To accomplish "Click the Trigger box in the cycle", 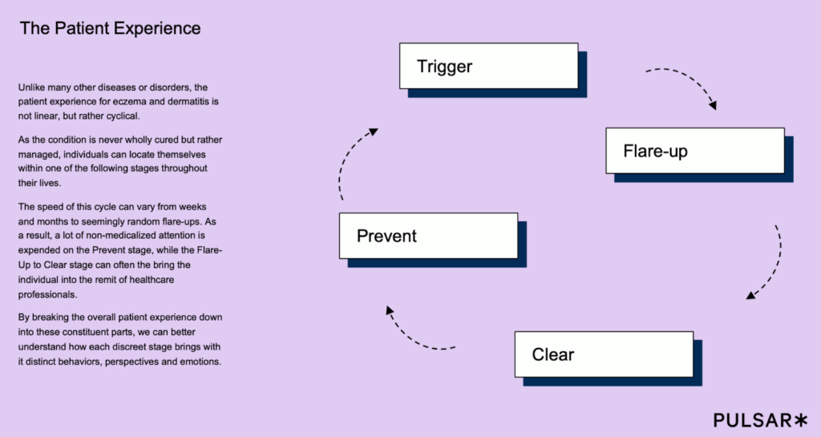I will (x=488, y=66).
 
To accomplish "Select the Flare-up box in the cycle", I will (x=694, y=151).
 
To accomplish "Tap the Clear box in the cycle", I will (x=601, y=354).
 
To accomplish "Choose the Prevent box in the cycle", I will (x=427, y=236).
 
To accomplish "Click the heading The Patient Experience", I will (x=110, y=29).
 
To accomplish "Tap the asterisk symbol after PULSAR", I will (x=801, y=419).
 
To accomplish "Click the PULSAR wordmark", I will (x=751, y=419).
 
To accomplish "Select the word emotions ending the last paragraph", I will (x=198, y=362).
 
